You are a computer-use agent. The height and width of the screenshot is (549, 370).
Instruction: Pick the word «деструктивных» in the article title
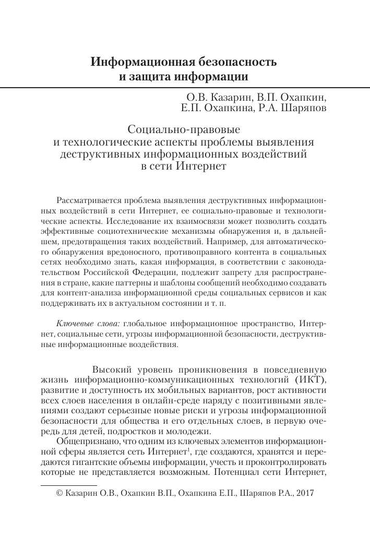point(100,154)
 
